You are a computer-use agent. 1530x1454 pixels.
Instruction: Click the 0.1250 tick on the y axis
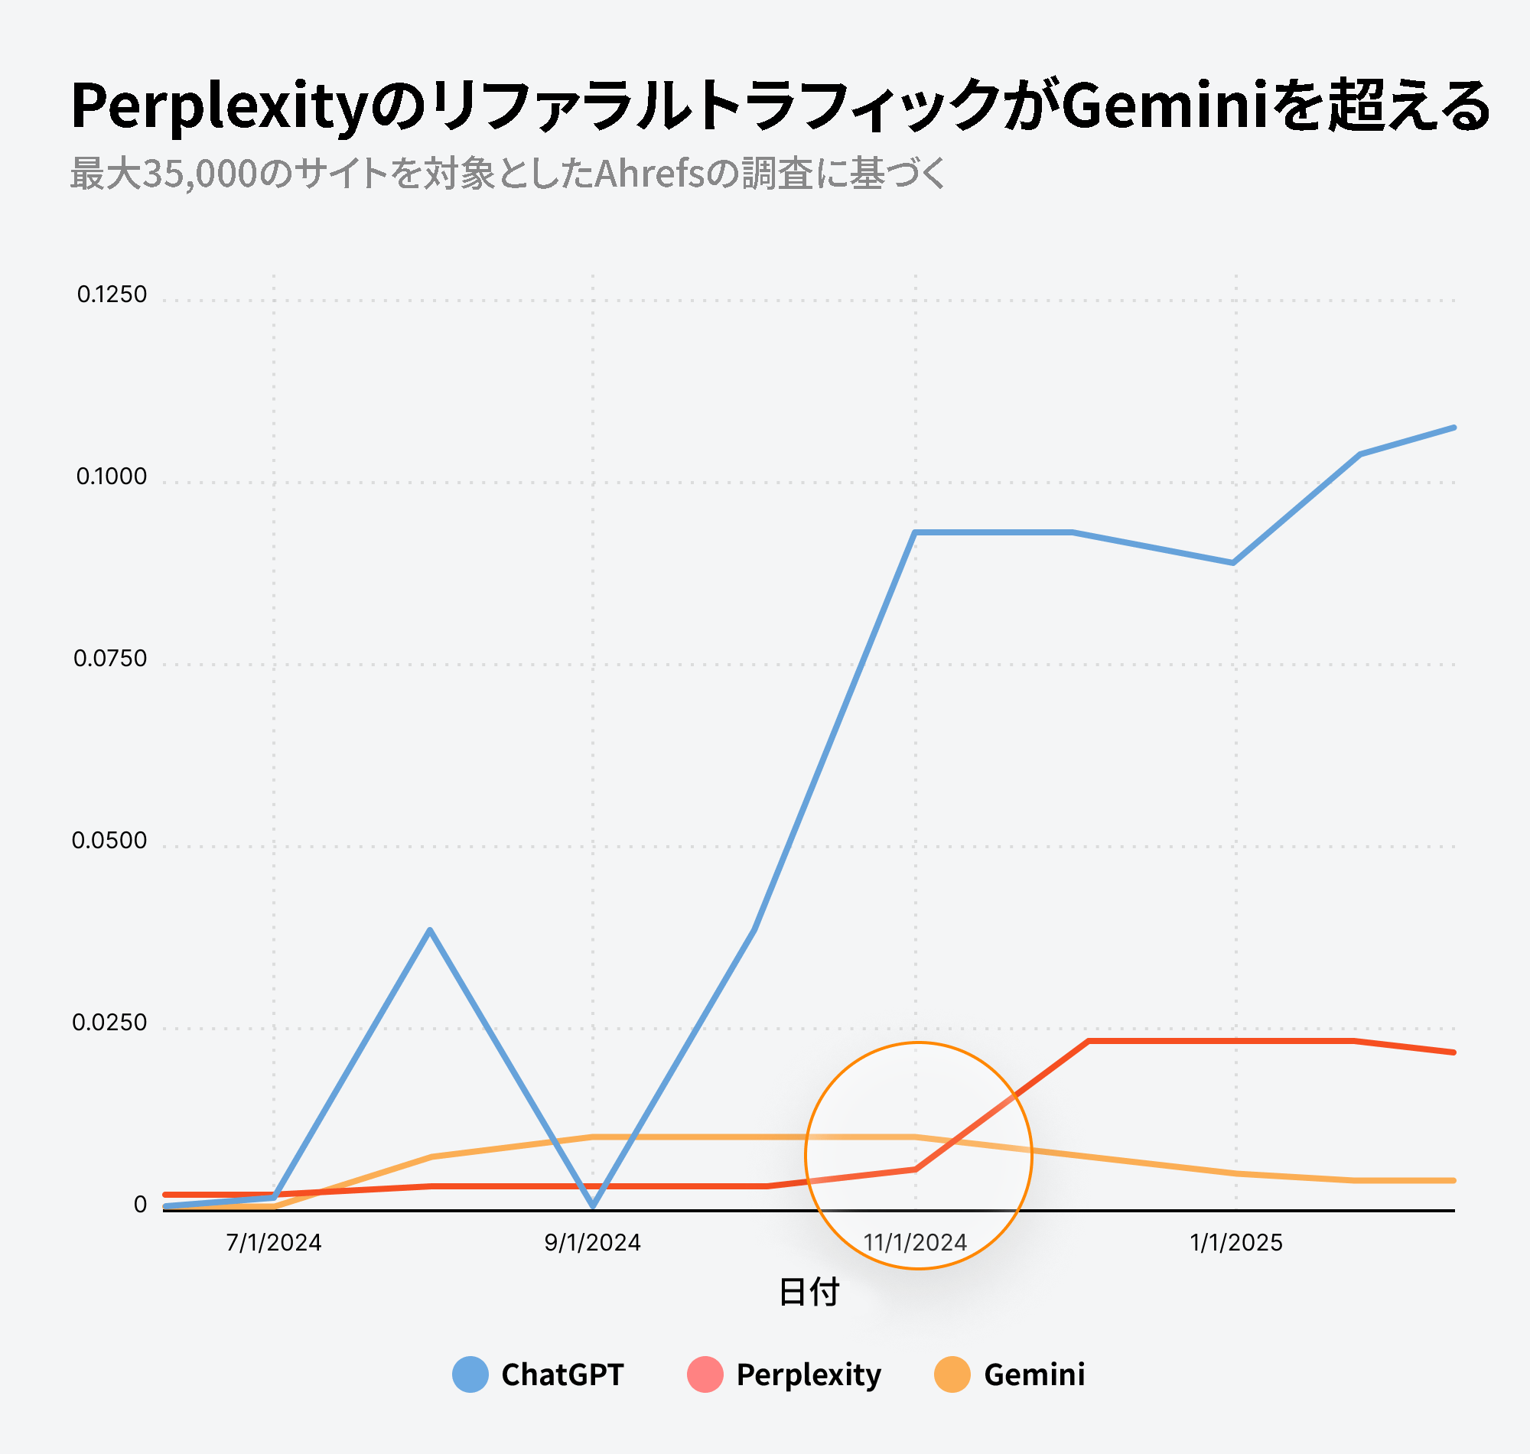[112, 294]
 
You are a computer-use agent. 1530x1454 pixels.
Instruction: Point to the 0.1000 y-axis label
[112, 477]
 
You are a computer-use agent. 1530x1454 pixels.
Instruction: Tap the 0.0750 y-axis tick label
[110, 659]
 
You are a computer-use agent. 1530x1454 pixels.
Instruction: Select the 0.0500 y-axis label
[109, 841]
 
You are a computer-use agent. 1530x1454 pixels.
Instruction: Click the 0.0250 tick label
[109, 1023]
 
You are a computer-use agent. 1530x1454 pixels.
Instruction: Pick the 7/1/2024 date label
[274, 1243]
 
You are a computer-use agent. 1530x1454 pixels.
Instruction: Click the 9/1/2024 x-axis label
[592, 1243]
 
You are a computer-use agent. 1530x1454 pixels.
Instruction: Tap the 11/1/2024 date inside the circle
[916, 1243]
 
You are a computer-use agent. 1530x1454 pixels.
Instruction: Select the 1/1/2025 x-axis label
[1236, 1243]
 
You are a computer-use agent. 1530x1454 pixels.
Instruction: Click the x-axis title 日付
[809, 1292]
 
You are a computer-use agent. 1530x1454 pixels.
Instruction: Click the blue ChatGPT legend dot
[470, 1374]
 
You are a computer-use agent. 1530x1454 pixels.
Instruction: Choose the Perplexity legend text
[809, 1375]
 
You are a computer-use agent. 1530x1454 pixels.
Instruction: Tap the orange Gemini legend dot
[952, 1374]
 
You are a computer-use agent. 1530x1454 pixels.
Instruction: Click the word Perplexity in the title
[218, 106]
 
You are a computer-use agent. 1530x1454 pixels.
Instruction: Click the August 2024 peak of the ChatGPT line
[430, 929]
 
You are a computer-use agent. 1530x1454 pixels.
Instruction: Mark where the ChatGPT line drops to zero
[593, 1206]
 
